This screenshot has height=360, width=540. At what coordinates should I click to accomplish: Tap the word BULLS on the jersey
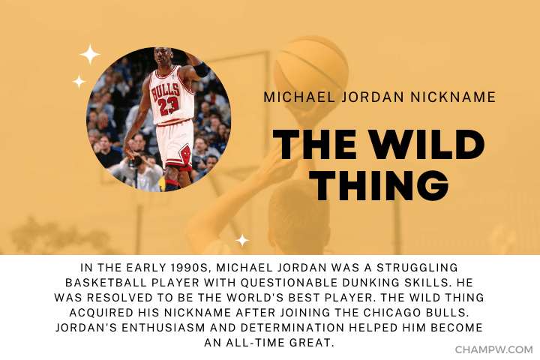(x=166, y=91)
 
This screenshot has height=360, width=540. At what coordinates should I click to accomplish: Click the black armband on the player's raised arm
(x=201, y=70)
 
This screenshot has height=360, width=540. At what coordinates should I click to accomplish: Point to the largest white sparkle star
(x=90, y=55)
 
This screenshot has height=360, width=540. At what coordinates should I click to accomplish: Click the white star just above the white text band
(x=242, y=241)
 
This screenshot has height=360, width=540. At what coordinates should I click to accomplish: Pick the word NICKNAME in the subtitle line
(x=453, y=97)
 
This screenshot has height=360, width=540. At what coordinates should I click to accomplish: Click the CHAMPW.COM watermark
(x=493, y=349)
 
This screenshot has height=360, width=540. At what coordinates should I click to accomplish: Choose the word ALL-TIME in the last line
(x=253, y=343)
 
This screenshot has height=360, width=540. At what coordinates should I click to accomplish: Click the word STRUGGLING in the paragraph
(x=417, y=268)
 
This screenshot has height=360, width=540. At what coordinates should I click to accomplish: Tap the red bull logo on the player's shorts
(x=186, y=154)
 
